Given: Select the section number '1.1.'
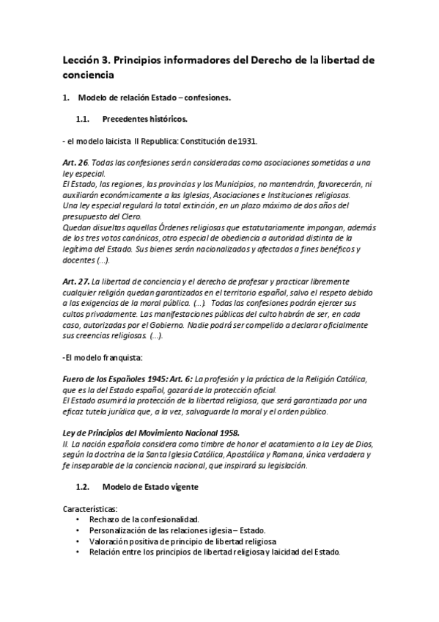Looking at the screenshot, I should click(82, 119).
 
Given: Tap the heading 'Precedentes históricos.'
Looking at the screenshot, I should click(144, 119).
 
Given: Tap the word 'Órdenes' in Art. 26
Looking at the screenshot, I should click(163, 227).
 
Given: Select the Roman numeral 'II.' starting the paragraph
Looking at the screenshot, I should click(66, 444).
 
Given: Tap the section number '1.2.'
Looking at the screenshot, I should click(82, 486).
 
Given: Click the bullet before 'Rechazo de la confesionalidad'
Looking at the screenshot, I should click(78, 519).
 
